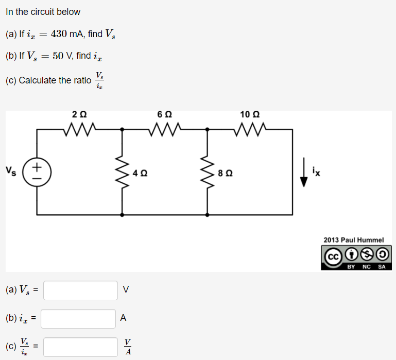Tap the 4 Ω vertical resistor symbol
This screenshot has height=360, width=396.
(x=122, y=172)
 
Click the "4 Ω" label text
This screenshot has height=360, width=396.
(x=139, y=173)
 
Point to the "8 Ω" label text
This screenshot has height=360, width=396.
(x=225, y=173)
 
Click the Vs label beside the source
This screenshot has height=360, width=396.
(x=11, y=169)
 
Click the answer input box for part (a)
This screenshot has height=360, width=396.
(x=81, y=290)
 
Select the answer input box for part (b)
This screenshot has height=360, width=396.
(x=78, y=318)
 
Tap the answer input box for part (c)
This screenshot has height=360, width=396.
(x=81, y=347)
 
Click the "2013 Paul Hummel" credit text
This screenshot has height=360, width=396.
(x=354, y=240)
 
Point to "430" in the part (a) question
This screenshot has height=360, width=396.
(x=59, y=34)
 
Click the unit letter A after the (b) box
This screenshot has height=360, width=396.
(x=123, y=318)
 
